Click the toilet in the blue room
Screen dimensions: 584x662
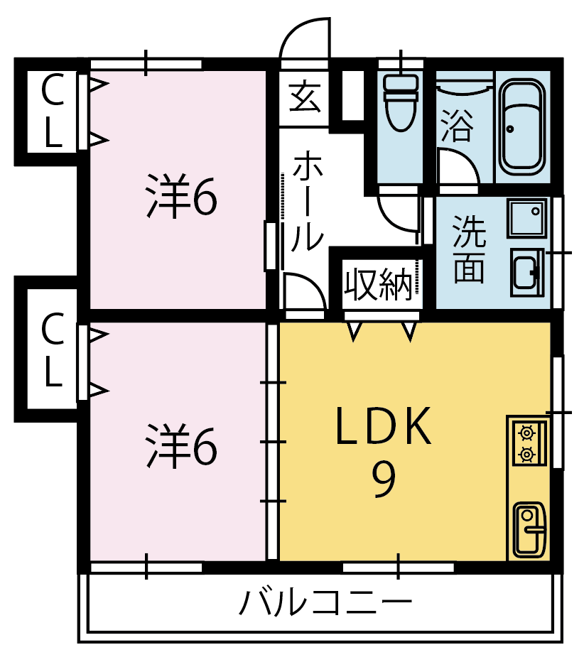[400, 102]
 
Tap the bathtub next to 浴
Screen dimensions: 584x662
[522, 126]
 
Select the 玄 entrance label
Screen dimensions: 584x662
[305, 97]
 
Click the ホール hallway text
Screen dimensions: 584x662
[307, 202]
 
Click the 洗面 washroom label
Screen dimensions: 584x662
[469, 249]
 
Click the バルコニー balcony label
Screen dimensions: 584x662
[325, 602]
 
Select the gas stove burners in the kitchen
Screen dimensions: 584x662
[527, 443]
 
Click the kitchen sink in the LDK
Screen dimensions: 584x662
[529, 530]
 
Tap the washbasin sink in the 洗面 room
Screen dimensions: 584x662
[527, 272]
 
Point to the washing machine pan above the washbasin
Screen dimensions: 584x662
[527, 218]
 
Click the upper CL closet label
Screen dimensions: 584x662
[53, 110]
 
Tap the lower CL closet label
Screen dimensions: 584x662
[53, 349]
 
